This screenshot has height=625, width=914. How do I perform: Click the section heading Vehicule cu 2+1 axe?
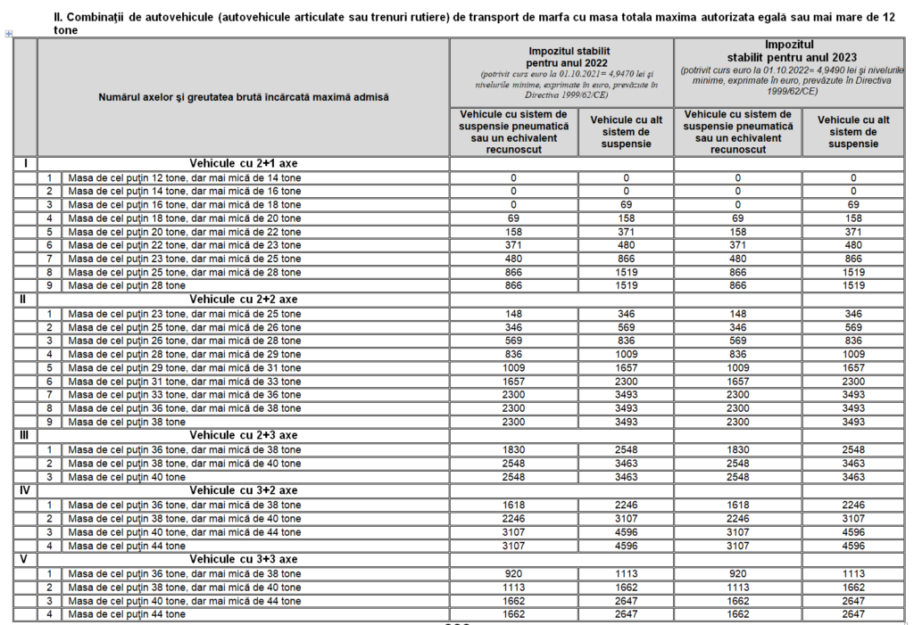coord(243,163)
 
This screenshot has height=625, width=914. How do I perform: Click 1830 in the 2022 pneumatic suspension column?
coord(513,449)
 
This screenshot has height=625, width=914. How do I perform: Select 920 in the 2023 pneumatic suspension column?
coord(737,573)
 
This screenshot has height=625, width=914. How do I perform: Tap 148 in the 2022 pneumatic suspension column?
coord(513,313)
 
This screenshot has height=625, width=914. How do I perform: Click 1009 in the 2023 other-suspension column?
coord(853,354)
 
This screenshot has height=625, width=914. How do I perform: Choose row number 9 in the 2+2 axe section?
coord(50,422)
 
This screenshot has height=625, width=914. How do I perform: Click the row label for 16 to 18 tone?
coord(185,204)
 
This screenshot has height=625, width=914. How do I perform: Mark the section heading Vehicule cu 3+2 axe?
coord(243,490)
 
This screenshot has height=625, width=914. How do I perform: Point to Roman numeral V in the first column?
coord(23,559)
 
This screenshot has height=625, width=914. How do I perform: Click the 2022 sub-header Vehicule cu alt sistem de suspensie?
coord(626,132)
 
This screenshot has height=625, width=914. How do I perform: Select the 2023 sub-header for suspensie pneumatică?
coord(737,132)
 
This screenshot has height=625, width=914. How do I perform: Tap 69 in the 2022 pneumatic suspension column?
coord(513,218)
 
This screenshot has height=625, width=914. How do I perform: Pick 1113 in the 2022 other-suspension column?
coord(626,573)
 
